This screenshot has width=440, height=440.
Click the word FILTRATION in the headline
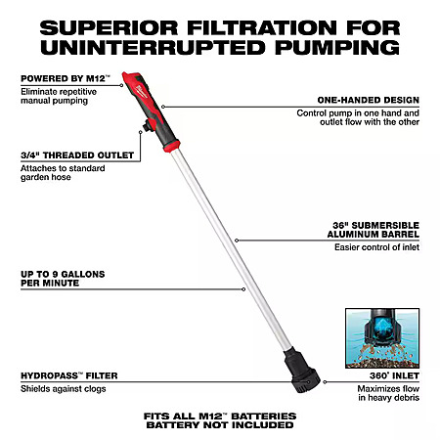(262, 27)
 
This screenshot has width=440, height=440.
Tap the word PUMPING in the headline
(337, 48)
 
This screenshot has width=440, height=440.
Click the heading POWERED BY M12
(66, 78)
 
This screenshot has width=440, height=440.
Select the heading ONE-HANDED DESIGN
(369, 100)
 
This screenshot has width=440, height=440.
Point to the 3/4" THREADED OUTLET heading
(77, 155)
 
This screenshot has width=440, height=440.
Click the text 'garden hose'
(46, 177)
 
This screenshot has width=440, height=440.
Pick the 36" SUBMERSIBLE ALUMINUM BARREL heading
(374, 230)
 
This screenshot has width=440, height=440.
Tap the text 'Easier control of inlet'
(376, 247)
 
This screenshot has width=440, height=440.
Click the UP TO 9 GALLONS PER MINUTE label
(63, 279)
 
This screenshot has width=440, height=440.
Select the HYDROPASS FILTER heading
(69, 375)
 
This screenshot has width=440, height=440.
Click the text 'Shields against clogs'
(64, 389)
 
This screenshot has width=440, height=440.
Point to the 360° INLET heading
(394, 375)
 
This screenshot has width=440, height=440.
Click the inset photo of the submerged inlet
(382, 338)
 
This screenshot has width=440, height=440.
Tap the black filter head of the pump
(301, 371)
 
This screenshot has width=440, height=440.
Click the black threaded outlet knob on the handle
(149, 125)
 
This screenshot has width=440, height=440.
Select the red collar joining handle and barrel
(172, 146)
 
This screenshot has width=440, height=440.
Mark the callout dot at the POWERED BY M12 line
(121, 85)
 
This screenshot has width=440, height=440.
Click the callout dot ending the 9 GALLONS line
(243, 289)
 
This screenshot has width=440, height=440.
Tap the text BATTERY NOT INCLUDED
(220, 425)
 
